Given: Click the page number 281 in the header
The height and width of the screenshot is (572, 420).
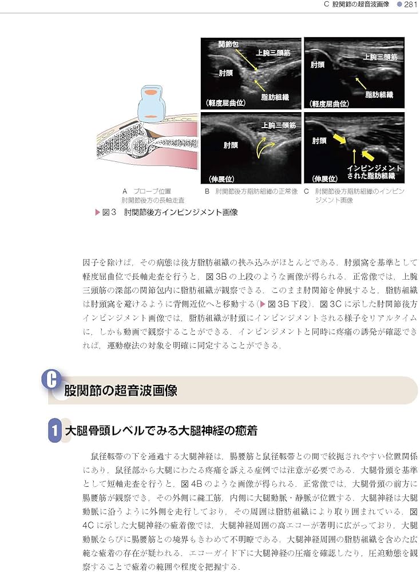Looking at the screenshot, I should [x=410, y=5].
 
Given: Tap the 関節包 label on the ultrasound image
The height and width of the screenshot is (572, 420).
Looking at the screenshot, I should [x=228, y=44].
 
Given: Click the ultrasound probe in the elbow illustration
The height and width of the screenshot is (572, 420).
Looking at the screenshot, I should [x=150, y=103].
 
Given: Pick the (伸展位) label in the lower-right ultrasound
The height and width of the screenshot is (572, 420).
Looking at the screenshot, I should [x=324, y=178].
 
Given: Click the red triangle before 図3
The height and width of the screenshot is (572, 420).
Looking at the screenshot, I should [x=97, y=212].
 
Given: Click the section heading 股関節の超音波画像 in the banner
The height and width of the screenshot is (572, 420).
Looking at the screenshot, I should [x=120, y=391].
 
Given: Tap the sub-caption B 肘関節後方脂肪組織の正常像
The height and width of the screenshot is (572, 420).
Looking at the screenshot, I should [x=251, y=192].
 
